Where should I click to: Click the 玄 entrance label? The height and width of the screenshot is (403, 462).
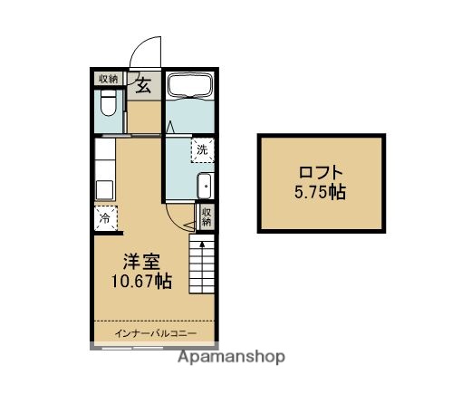point(143,86)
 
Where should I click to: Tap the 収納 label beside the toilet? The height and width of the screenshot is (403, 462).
point(108,78)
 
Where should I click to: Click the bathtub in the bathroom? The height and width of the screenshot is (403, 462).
point(190,89)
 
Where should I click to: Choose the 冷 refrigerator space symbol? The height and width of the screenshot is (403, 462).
point(105,217)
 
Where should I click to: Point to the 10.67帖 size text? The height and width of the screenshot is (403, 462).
point(140,281)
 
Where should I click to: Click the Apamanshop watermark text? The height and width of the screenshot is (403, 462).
point(231,358)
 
